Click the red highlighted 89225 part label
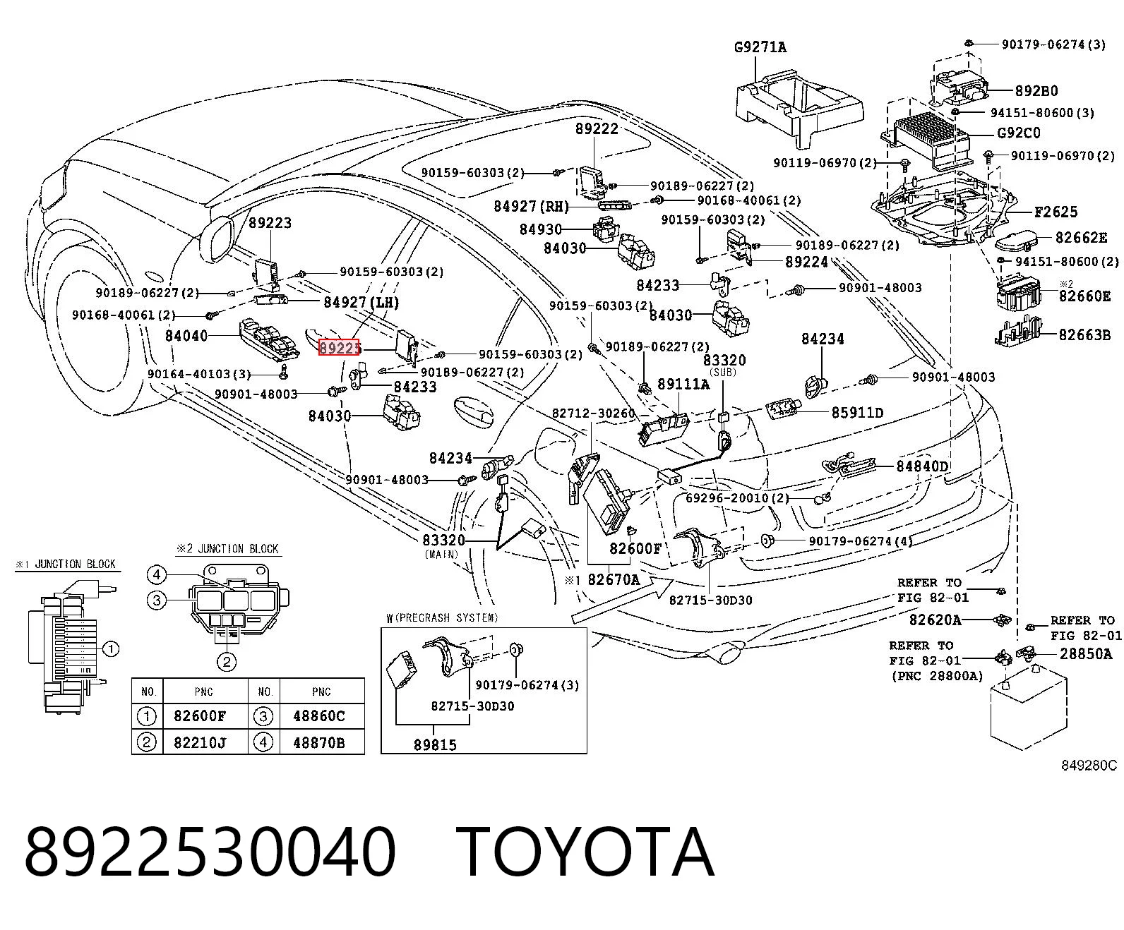click(x=339, y=348)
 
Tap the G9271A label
click(x=760, y=47)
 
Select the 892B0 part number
click(x=1036, y=90)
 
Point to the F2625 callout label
click(x=1056, y=212)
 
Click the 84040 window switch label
click(x=186, y=336)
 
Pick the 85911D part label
click(x=858, y=413)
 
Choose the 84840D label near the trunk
click(x=921, y=466)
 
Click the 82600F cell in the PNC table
click(x=200, y=715)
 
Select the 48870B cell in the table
click(x=318, y=743)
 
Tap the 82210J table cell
click(x=200, y=743)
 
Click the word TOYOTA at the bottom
click(x=585, y=853)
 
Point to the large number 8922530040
click(x=210, y=853)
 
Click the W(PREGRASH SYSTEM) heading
click(x=442, y=618)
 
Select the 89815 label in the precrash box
click(x=435, y=745)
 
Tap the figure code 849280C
click(x=1089, y=766)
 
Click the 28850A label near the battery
click(x=1086, y=654)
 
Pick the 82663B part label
click(x=1084, y=334)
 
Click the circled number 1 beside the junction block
click(x=110, y=649)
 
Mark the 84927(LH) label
click(x=361, y=303)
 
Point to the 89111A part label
click(x=683, y=385)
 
